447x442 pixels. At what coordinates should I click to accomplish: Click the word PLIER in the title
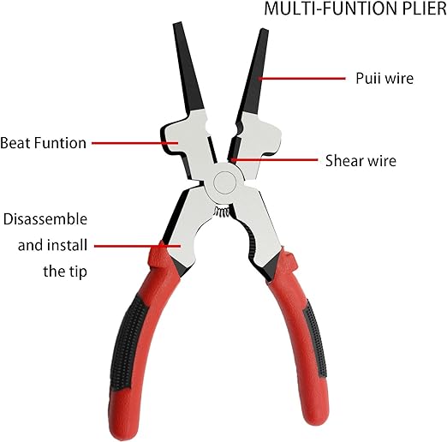point(425,9)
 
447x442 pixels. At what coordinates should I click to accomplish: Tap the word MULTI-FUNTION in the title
point(331,9)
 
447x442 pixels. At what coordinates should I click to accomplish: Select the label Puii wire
point(384,78)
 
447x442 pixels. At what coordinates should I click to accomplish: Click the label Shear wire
point(361,160)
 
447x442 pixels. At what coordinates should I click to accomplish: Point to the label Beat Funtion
point(43,143)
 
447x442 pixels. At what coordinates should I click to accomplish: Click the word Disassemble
point(45,219)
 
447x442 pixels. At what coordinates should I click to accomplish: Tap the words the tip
point(65,271)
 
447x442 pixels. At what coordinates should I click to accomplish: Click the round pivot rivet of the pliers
point(224,182)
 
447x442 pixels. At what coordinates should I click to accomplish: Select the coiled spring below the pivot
point(222,212)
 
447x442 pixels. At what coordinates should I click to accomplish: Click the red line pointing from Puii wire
point(302,78)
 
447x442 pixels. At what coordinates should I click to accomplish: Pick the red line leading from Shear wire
point(274,160)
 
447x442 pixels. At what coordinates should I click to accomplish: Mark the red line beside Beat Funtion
point(135,143)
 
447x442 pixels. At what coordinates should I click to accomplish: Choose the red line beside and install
point(137,246)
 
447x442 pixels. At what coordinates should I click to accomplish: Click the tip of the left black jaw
point(177,23)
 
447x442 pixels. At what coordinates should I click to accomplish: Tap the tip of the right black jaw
point(264,30)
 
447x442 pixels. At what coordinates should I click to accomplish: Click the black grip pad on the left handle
point(128,343)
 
